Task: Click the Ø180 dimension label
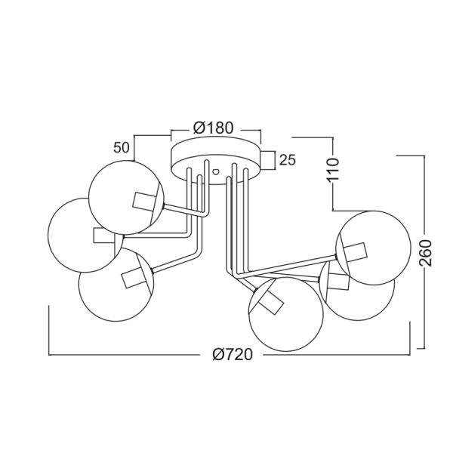pyautogui.click(x=213, y=128)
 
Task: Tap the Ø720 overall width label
pyautogui.click(x=233, y=354)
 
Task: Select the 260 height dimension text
pyautogui.click(x=425, y=253)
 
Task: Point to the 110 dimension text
pyautogui.click(x=333, y=170)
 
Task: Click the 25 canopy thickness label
pyautogui.click(x=288, y=160)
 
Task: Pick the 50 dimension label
pyautogui.click(x=121, y=148)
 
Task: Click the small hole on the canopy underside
pyautogui.click(x=215, y=171)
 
